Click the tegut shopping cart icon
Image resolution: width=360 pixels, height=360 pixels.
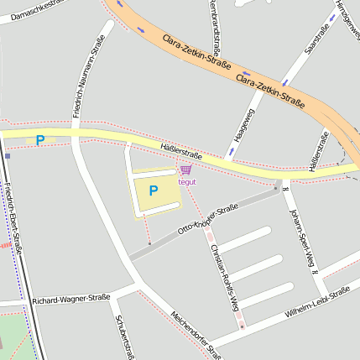[x=185, y=170]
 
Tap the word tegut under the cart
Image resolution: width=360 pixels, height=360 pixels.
[x=186, y=181]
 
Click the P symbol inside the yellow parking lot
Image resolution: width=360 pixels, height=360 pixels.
[x=154, y=191]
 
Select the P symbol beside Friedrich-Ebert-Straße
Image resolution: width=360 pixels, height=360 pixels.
[x=40, y=140]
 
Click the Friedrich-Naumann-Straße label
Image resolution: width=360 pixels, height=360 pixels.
[x=88, y=75]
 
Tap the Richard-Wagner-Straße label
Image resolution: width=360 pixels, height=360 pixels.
[x=71, y=298]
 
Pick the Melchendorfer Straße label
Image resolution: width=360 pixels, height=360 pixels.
[x=194, y=331]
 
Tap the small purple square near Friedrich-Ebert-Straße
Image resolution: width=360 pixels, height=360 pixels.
[x=8, y=155]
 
